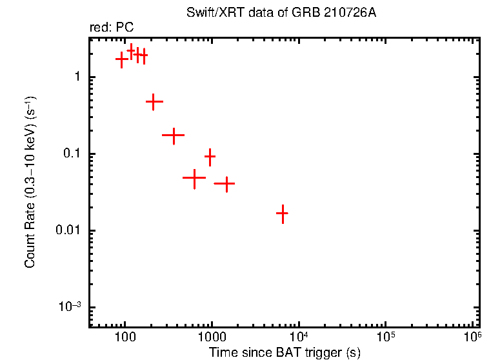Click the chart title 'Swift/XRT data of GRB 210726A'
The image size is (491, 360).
pyautogui.click(x=281, y=13)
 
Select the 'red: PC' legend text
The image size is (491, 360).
pyautogui.click(x=112, y=28)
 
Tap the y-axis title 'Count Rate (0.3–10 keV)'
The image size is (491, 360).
pyautogui.click(x=30, y=182)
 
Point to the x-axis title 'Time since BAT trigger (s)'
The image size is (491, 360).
pyautogui.click(x=284, y=352)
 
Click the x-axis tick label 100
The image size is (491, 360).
pyautogui.click(x=125, y=337)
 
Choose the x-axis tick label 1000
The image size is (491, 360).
pyautogui.click(x=212, y=337)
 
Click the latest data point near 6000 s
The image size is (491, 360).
pyautogui.click(x=282, y=213)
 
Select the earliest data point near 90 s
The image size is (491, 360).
pyautogui.click(x=121, y=59)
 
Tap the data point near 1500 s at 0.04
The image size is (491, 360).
pyautogui.click(x=226, y=184)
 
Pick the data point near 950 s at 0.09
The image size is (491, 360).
pyautogui.click(x=210, y=156)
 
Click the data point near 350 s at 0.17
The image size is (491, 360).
pyautogui.click(x=173, y=135)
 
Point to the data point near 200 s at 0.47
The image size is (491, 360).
pyautogui.click(x=154, y=102)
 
